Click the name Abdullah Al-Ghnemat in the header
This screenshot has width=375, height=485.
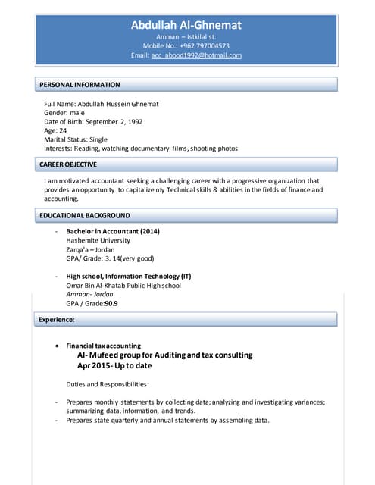point(186,25)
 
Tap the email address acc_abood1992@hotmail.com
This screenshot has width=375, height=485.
point(196,55)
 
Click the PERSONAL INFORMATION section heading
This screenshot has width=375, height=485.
point(80,85)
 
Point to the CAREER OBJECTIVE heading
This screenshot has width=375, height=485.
point(68,164)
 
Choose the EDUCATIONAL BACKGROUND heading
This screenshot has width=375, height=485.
point(85,216)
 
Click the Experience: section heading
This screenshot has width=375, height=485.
point(57,320)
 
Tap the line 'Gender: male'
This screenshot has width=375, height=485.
point(64,112)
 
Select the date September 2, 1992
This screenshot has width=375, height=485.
point(115,121)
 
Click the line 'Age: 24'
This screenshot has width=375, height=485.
point(55,130)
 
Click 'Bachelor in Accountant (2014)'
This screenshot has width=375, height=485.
point(113,231)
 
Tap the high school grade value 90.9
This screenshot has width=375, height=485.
point(111,303)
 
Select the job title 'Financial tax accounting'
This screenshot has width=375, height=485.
point(104,346)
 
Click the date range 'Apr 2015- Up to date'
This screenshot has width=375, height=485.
point(115,366)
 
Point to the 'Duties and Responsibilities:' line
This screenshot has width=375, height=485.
point(108,384)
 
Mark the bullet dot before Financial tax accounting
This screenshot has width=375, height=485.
point(59,346)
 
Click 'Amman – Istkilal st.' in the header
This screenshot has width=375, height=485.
point(186,36)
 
